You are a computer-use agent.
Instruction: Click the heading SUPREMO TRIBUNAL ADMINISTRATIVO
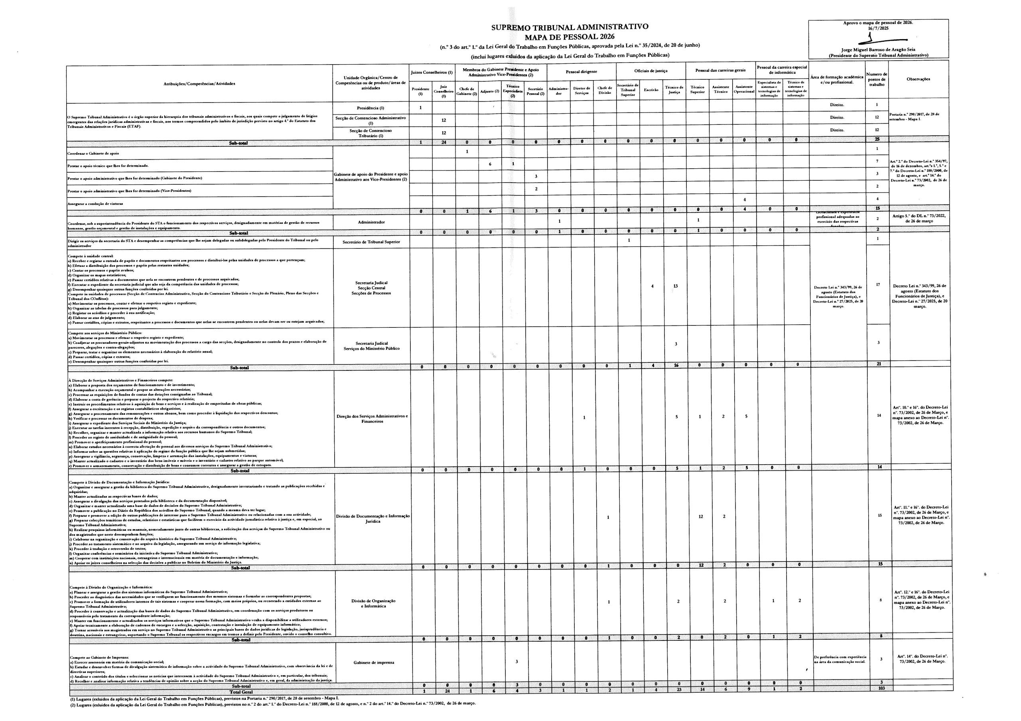click(x=569, y=27)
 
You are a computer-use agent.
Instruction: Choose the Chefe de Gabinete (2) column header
click(x=467, y=91)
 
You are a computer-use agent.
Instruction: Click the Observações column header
click(x=918, y=79)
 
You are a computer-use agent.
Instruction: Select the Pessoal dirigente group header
click(x=581, y=71)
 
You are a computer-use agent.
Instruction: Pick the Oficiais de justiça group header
click(x=650, y=71)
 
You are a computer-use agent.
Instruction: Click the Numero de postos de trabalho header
click(x=877, y=79)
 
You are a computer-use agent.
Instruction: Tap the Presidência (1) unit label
click(x=371, y=108)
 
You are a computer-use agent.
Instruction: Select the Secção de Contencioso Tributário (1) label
click(x=371, y=133)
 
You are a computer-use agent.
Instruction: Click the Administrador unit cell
click(x=371, y=222)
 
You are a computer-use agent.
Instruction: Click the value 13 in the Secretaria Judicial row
click(x=675, y=286)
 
